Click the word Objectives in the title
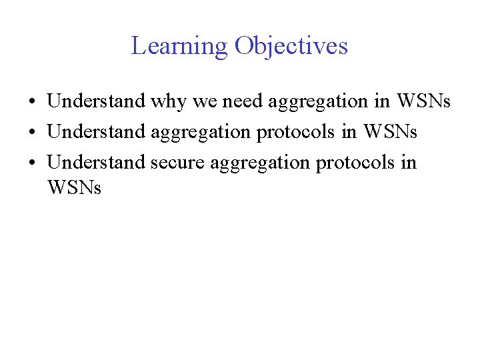291,47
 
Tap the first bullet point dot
32,102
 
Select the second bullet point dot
32,133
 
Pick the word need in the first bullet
239,101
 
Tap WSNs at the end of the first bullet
423,101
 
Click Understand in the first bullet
97,101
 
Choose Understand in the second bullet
97,132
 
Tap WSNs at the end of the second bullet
389,132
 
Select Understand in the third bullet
97,163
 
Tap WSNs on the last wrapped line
74,188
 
